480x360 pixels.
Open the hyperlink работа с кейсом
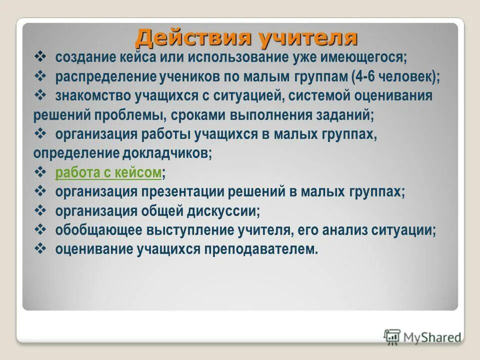click(108, 173)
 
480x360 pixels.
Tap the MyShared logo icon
click(392, 337)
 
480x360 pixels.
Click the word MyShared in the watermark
click(432, 337)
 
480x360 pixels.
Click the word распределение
click(105, 77)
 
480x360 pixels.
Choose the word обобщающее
click(98, 230)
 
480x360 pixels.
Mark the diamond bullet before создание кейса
click(40, 57)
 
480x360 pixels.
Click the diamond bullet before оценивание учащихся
click(40, 248)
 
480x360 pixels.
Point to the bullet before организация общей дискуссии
click(40, 210)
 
